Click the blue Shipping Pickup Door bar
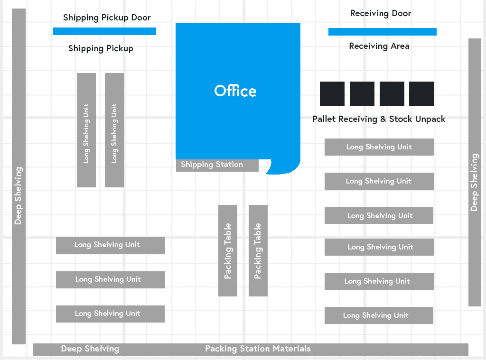click(104, 31)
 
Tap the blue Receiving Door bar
click(382, 32)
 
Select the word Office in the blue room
click(235, 91)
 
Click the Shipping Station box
click(217, 165)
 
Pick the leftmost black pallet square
click(332, 94)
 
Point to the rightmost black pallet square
click(421, 94)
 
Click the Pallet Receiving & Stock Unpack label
click(379, 119)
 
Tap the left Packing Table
click(228, 250)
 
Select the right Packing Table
click(258, 250)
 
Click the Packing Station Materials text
click(258, 349)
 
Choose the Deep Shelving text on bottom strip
click(90, 349)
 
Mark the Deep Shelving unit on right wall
click(475, 173)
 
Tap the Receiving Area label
click(379, 46)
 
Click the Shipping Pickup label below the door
click(101, 48)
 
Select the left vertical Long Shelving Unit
click(86, 130)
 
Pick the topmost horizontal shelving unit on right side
click(379, 147)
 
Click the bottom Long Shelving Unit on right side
click(379, 315)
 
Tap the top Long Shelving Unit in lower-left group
click(111, 245)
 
